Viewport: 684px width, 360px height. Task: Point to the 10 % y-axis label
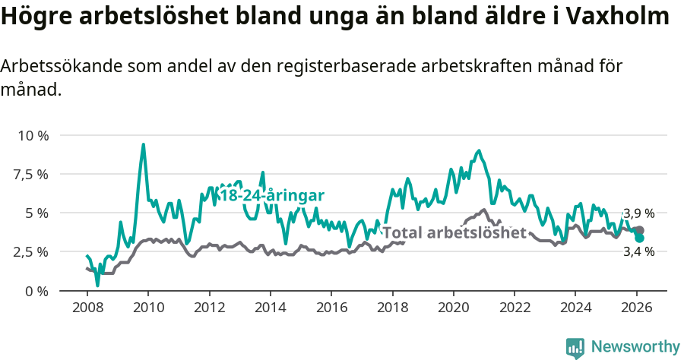tap(33, 135)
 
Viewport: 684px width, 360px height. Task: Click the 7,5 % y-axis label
tap(33, 174)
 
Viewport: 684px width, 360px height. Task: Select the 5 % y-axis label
tap(37, 213)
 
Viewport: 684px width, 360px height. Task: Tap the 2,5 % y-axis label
tap(33, 251)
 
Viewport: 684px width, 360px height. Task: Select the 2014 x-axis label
tap(270, 308)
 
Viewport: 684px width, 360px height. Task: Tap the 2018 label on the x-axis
tap(392, 308)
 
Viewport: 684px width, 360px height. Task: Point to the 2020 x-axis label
tap(454, 308)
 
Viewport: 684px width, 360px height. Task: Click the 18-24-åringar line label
tap(271, 196)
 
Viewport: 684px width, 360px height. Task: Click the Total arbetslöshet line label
tap(454, 232)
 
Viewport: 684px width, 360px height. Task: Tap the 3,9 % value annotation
tap(638, 214)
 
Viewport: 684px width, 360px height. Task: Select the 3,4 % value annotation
tap(638, 251)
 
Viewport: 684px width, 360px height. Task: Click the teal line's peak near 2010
tap(143, 144)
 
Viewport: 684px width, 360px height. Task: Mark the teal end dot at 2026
tap(640, 238)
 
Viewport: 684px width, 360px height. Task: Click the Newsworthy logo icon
tap(575, 347)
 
